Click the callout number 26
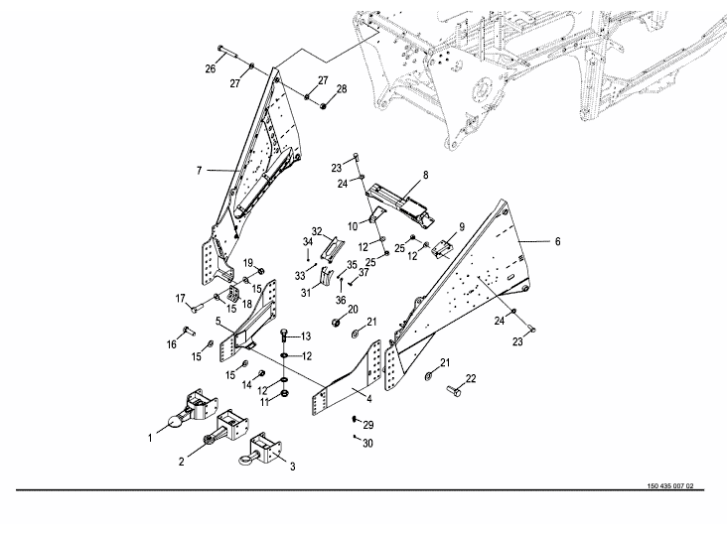tap(210, 68)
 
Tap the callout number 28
tap(342, 89)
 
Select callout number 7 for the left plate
tap(199, 172)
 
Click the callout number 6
tap(557, 241)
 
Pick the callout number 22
tap(471, 378)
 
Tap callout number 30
tap(368, 443)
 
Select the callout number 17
tap(181, 298)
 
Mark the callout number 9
tap(462, 224)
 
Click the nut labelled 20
tap(337, 323)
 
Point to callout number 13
tap(306, 335)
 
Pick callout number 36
tap(341, 301)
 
